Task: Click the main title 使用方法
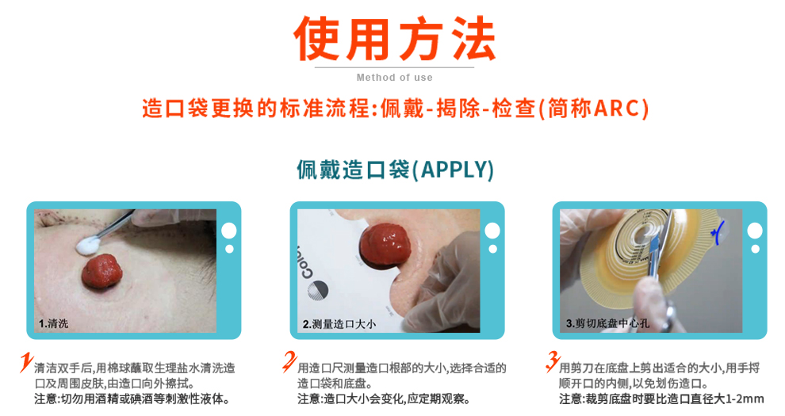tap(394, 37)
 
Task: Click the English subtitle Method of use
tap(394, 78)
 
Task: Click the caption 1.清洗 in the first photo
tap(55, 323)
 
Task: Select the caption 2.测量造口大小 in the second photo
tap(339, 324)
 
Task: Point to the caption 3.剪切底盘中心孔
tap(609, 323)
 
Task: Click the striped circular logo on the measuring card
tap(316, 290)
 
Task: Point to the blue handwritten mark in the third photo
tap(719, 231)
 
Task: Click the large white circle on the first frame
tap(229, 231)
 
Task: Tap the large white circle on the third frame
tap(754, 231)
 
